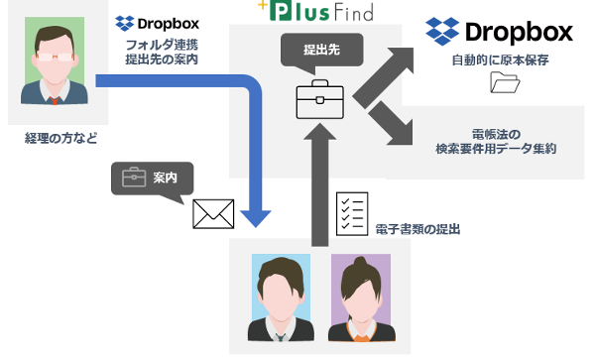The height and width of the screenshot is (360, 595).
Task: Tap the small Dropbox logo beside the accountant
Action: coord(156,22)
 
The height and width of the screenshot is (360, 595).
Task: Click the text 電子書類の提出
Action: coord(418,229)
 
